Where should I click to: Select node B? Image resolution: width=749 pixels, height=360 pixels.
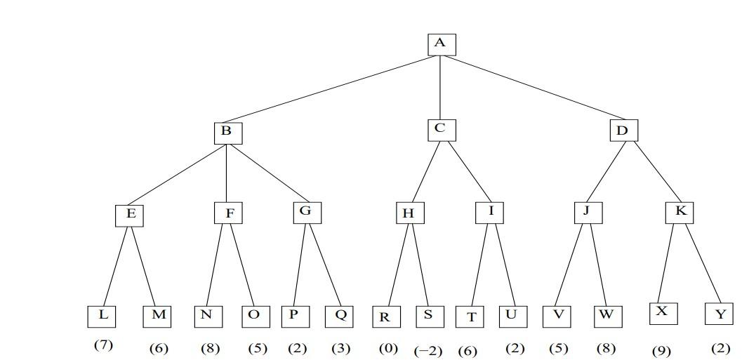click(227, 133)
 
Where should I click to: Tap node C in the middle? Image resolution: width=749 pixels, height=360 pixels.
click(441, 129)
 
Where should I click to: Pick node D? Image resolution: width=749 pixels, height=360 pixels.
click(623, 131)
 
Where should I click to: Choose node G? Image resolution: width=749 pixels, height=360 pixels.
click(307, 212)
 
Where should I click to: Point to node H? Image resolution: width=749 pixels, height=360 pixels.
click(409, 213)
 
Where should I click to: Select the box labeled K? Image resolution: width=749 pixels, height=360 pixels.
click(680, 212)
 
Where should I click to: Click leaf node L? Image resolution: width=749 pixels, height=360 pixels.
click(102, 316)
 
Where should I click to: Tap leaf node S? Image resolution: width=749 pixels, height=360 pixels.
click(429, 316)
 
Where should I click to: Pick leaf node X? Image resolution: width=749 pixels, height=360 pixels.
click(663, 312)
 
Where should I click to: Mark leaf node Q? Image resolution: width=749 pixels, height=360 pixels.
click(340, 316)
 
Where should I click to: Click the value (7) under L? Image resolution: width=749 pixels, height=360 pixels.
click(103, 345)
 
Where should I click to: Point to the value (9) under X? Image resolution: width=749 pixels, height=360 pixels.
click(661, 351)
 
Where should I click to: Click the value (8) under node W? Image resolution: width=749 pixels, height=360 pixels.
click(607, 347)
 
